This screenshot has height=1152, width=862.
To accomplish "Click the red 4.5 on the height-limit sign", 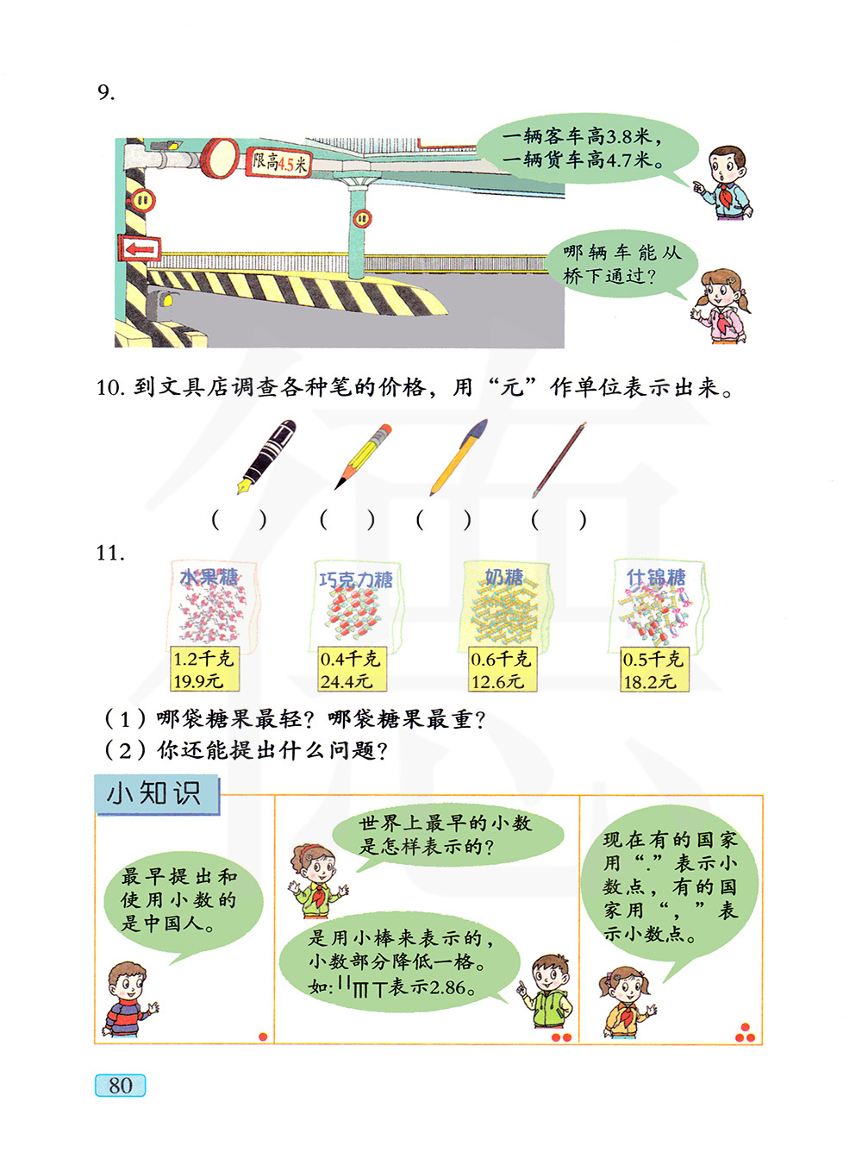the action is [x=286, y=165].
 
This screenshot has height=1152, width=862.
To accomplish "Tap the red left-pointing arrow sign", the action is [x=141, y=248].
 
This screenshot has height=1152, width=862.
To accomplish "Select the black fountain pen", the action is [x=266, y=457].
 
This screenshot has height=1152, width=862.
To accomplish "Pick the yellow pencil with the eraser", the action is [x=363, y=456].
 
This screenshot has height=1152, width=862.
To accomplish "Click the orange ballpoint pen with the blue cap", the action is [x=459, y=457].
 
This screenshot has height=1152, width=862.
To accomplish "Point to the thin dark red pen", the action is [x=559, y=460].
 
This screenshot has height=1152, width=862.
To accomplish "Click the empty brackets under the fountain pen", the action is [x=239, y=520].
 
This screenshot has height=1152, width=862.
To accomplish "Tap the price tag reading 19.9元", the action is [x=198, y=681].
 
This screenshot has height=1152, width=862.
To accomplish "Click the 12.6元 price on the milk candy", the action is [x=497, y=681].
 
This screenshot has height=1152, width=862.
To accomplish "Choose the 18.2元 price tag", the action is [x=649, y=682].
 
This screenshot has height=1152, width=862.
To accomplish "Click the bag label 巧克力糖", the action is [x=356, y=579].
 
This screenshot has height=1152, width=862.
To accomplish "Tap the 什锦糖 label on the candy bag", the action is [x=656, y=577].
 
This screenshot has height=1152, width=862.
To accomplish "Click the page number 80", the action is [x=120, y=1086].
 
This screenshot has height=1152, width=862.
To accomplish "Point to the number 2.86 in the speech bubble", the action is [x=447, y=987].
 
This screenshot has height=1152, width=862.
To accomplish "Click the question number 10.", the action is [x=110, y=388].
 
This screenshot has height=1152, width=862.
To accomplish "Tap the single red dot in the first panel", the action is [x=263, y=1036].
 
